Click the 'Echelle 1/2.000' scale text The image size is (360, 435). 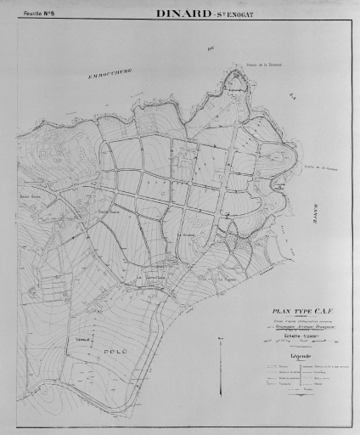(x=295, y=336)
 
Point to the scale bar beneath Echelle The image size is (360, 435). (x=295, y=343)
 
